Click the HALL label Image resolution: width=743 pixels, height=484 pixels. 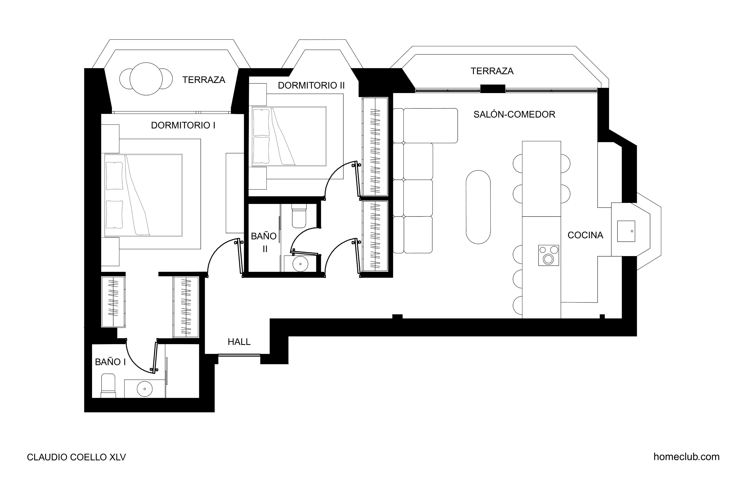(239, 342)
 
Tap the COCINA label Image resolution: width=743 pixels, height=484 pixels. (585, 235)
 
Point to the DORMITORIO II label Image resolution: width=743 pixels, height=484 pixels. (311, 85)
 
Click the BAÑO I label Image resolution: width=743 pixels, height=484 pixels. (110, 362)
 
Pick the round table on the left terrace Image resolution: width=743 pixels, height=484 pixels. (146, 79)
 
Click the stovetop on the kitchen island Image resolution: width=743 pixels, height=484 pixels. (549, 255)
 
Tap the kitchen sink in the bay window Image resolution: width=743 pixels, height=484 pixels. (626, 231)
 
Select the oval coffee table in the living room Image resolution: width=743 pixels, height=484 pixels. (478, 207)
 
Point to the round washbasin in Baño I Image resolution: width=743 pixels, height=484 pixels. (145, 389)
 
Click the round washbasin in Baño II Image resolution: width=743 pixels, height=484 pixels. (300, 264)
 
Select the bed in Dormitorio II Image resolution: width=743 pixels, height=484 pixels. (289, 136)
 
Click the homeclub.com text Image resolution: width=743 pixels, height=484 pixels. (687, 457)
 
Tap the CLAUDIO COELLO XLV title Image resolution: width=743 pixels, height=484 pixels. (77, 457)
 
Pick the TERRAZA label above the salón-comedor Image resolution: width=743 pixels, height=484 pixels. (492, 71)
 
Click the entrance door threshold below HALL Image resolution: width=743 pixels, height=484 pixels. (239, 355)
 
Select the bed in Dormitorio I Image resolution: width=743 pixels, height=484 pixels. (143, 195)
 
